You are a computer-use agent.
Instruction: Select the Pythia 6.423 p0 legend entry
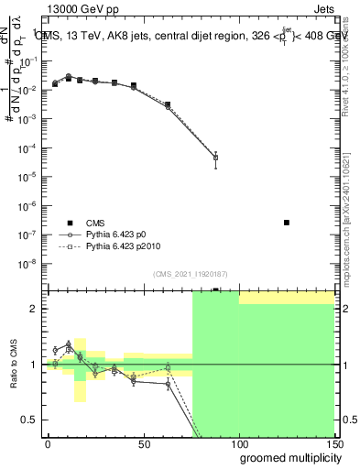click(x=112, y=234)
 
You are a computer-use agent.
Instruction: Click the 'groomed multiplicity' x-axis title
click(x=287, y=457)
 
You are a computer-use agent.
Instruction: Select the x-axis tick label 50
click(x=143, y=443)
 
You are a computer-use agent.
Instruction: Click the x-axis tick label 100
click(x=238, y=443)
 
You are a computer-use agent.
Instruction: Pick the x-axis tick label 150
click(x=333, y=443)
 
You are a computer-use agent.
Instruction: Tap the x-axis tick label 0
click(x=48, y=443)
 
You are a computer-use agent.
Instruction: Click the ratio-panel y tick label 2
click(x=35, y=309)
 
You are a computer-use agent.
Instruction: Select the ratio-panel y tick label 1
click(x=35, y=365)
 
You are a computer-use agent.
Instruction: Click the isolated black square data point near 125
click(x=287, y=223)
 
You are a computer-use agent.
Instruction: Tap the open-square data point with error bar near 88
click(x=215, y=158)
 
